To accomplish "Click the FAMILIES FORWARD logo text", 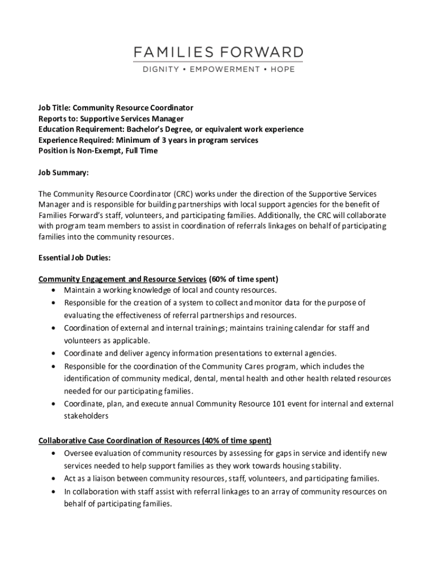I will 218,53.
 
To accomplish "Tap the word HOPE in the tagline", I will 282,70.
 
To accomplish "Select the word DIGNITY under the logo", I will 160,70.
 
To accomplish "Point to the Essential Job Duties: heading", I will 74,258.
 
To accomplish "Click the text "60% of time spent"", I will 244,279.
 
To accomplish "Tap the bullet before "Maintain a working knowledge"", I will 53,290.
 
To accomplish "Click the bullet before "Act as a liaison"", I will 53,479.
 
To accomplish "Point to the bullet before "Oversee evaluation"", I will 53,454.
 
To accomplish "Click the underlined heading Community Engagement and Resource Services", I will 122,279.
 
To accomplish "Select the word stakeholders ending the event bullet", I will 86,416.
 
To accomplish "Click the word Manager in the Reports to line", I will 169,118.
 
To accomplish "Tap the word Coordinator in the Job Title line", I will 169,108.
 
